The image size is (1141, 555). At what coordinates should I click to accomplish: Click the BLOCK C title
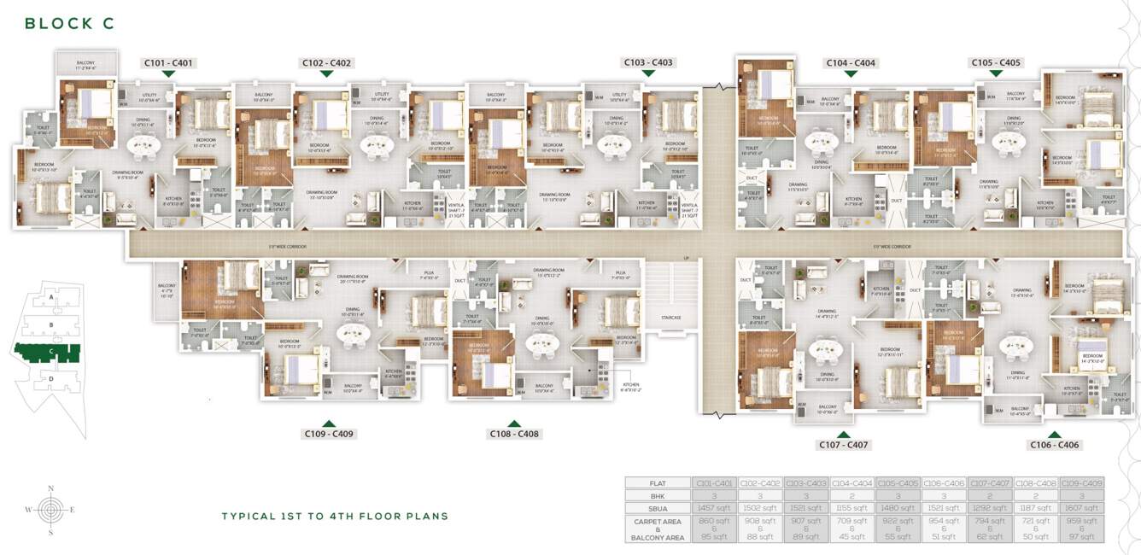click(x=69, y=24)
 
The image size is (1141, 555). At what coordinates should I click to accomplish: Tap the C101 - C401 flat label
click(x=168, y=62)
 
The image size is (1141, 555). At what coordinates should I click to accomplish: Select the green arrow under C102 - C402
click(x=325, y=74)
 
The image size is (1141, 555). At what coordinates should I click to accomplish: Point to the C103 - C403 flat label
click(x=648, y=62)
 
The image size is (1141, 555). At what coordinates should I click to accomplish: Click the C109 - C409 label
click(x=329, y=434)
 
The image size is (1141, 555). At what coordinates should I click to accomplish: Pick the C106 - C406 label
click(x=1055, y=445)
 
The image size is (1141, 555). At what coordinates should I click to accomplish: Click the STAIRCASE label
click(x=671, y=317)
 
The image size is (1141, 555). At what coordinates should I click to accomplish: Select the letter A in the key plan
click(x=52, y=298)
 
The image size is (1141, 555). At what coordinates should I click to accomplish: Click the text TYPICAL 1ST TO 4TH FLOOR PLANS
click(x=335, y=517)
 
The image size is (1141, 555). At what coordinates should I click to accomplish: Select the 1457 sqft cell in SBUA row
click(x=713, y=507)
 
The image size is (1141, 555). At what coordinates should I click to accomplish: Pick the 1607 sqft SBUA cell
click(x=1081, y=507)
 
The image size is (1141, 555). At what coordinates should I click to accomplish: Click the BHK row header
click(x=657, y=494)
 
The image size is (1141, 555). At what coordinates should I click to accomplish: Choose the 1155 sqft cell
click(x=851, y=507)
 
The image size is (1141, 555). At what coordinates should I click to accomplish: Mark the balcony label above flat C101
click(x=85, y=63)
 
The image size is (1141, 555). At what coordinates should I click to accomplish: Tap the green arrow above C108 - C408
click(x=514, y=423)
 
